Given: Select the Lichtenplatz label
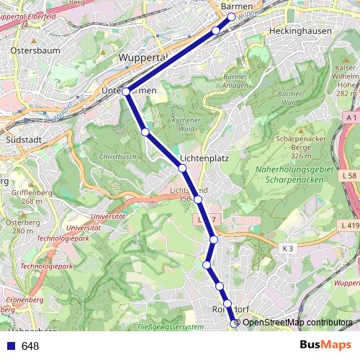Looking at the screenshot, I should pyautogui.click(x=204, y=157).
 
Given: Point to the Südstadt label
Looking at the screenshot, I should pyautogui.click(x=20, y=139).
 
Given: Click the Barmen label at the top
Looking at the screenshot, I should pyautogui.click(x=238, y=6).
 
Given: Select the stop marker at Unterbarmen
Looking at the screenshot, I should pyautogui.click(x=126, y=91).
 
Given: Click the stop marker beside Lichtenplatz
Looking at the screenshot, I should pyautogui.click(x=182, y=168).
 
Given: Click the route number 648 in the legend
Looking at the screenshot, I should pyautogui.click(x=30, y=346).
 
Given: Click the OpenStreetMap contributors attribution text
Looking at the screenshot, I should pyautogui.click(x=297, y=323).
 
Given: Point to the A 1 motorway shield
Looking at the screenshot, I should pyautogui.click(x=351, y=117).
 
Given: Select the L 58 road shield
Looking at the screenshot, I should pyautogui.click(x=350, y=176).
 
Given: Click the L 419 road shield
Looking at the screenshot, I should pyautogui.click(x=348, y=225).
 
